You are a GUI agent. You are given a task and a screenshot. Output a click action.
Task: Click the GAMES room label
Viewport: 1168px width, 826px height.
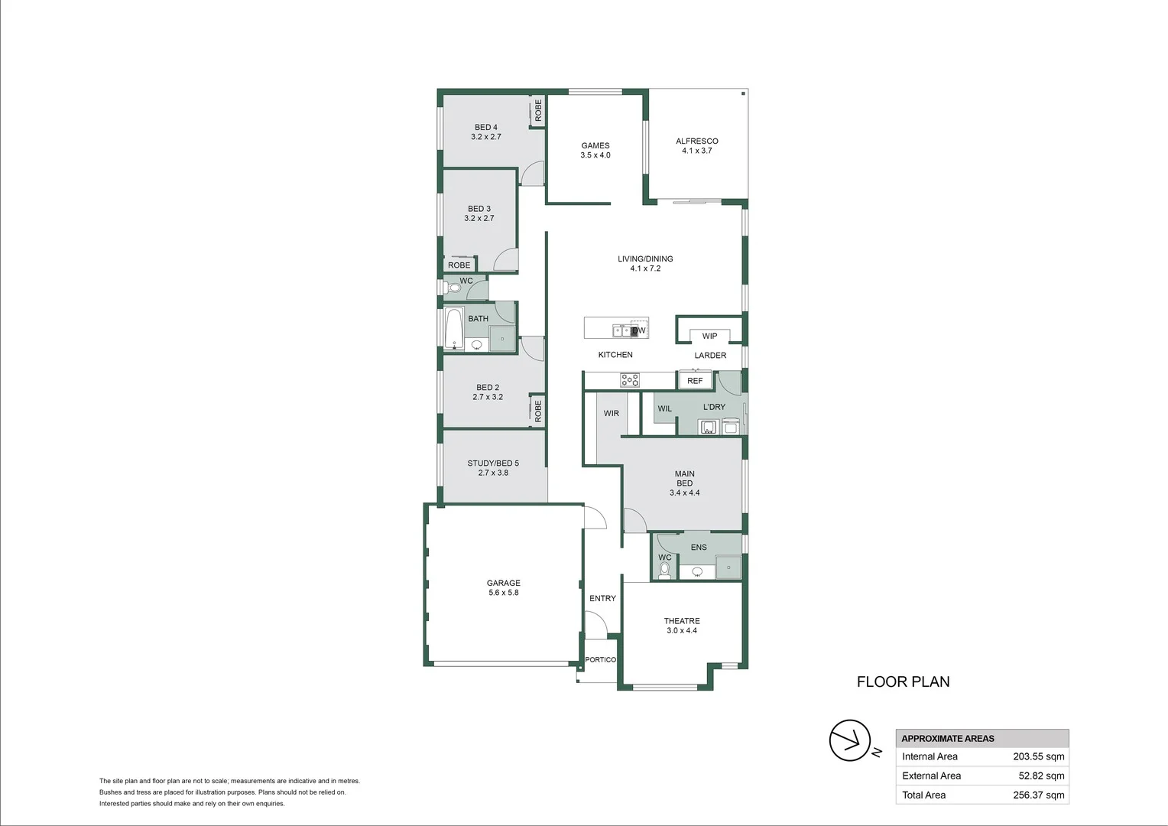595,145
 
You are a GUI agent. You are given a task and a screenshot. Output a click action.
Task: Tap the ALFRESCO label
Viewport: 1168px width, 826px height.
696,141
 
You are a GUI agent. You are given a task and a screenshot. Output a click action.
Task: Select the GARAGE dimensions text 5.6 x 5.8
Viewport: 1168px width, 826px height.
503,593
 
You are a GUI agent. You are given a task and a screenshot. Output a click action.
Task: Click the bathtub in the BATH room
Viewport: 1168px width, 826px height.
454,328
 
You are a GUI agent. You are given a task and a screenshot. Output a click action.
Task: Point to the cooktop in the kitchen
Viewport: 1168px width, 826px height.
630,380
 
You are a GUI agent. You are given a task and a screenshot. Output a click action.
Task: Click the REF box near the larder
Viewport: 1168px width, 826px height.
695,380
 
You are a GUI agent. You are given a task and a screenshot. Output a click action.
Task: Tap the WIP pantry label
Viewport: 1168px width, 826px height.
709,336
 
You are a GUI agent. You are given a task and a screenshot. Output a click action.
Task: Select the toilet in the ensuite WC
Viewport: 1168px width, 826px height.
664,570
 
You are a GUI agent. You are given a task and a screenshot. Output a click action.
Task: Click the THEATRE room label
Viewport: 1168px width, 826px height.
681,621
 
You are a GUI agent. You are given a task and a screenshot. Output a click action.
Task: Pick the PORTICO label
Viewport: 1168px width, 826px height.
600,659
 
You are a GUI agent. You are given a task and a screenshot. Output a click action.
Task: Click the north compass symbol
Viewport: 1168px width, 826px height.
850,740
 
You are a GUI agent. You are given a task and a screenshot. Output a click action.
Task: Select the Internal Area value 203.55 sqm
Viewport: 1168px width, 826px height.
1038,756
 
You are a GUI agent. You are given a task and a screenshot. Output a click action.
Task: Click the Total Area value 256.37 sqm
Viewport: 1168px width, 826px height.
1038,795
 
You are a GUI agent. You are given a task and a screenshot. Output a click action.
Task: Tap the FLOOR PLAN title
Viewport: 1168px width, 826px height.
903,681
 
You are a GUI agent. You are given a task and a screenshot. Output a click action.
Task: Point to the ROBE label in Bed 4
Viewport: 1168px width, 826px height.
538,111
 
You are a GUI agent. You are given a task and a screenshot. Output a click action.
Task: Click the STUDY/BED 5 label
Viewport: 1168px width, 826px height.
493,463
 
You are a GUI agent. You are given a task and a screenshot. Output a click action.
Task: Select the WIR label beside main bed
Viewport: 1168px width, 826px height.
612,413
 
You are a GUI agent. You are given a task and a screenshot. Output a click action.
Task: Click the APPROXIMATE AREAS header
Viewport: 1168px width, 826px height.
948,738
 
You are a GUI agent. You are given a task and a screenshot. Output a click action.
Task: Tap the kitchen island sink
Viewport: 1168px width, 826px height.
621,331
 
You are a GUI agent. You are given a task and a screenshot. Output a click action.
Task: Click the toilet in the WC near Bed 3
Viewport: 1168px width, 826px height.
453,288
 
